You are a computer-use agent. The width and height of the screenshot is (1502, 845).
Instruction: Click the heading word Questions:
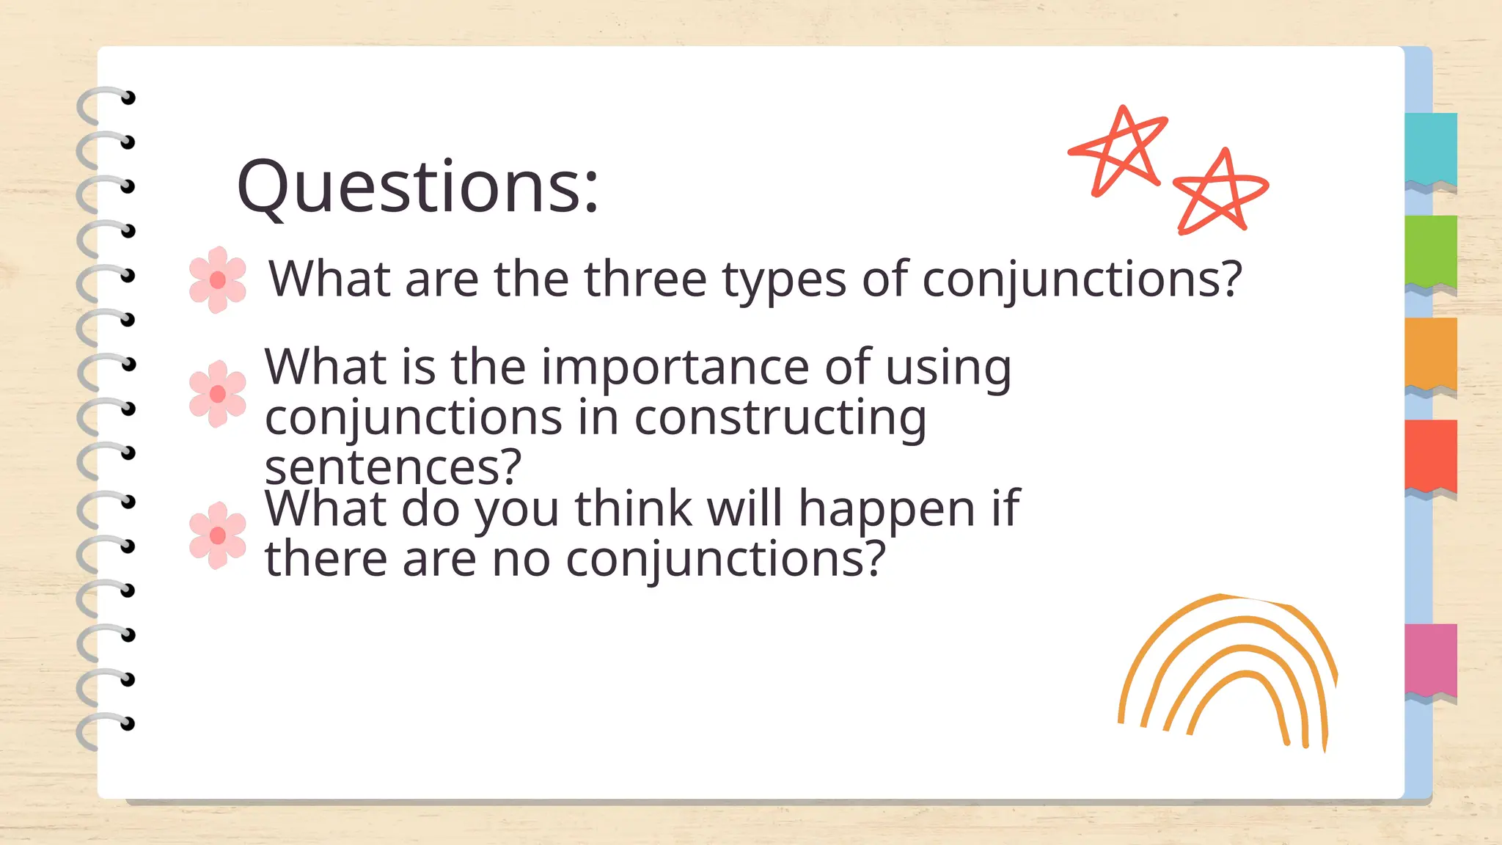click(418, 187)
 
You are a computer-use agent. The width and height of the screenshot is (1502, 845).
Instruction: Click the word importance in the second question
click(675, 367)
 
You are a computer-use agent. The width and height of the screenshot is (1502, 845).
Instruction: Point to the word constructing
click(780, 419)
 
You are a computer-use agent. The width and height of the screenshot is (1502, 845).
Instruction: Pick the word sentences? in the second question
click(393, 467)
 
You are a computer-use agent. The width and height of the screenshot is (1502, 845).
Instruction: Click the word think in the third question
click(633, 508)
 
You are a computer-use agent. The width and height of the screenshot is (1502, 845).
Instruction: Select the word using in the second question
click(948, 368)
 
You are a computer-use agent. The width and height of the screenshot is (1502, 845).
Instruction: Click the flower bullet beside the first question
click(218, 279)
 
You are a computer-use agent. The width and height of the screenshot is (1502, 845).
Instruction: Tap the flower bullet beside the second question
click(218, 394)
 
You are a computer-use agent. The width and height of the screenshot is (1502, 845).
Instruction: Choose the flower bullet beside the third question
click(218, 535)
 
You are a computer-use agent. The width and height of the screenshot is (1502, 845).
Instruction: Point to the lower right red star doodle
click(1218, 193)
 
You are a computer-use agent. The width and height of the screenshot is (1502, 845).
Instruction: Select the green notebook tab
click(1431, 251)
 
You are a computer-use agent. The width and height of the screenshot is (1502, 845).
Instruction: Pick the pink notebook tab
click(1431, 659)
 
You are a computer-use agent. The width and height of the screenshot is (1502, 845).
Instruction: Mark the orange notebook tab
click(1431, 353)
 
